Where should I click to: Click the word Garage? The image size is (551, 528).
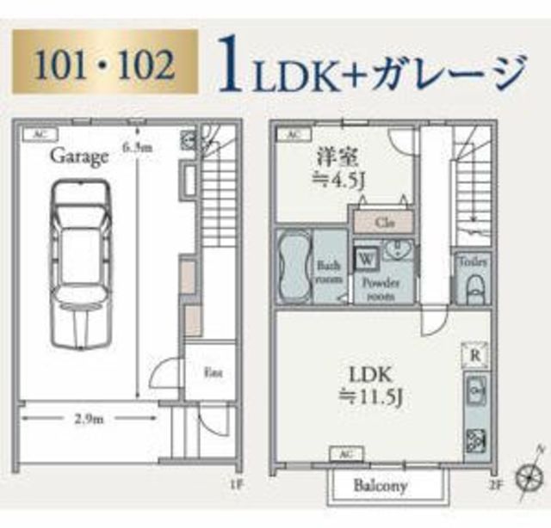tap(78, 157)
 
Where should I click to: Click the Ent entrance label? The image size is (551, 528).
tap(210, 372)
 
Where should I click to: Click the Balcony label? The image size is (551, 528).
tap(381, 485)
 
